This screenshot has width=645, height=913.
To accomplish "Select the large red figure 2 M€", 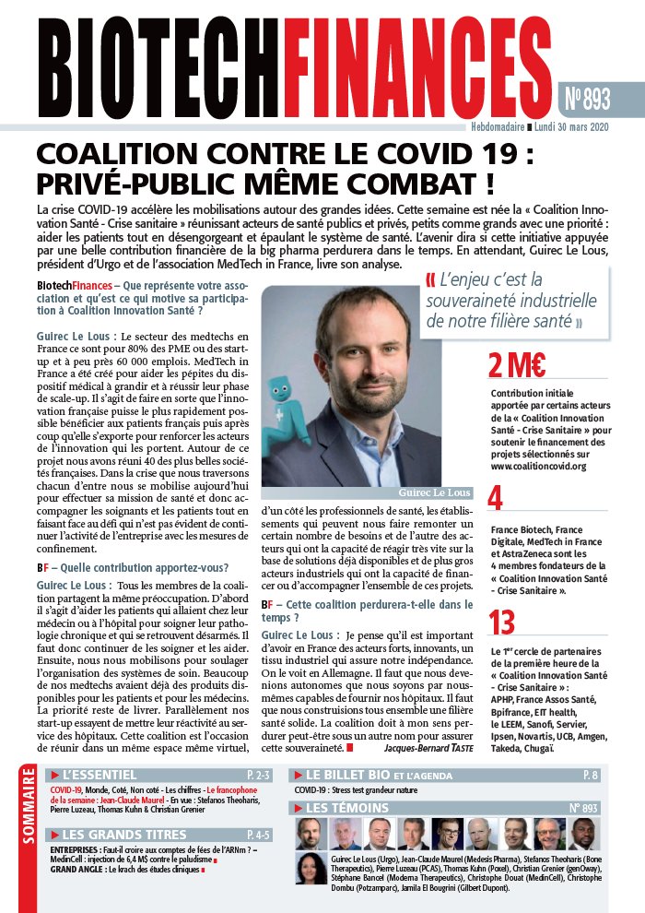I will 516,366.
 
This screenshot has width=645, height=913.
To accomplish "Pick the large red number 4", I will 495,499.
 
